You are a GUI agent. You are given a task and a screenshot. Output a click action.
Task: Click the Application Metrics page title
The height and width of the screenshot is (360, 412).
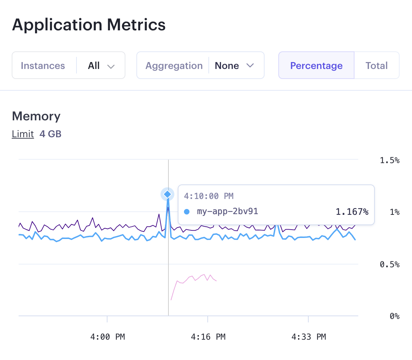pos(89,25)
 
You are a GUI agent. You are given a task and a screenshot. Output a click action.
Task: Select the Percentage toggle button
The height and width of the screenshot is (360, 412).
pos(316,66)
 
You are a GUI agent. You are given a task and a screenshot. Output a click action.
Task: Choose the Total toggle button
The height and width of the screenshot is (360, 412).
pos(377,66)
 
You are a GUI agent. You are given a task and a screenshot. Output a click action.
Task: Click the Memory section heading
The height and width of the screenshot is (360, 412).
pos(36,116)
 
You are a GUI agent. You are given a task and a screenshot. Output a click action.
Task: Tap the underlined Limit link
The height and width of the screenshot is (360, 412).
pos(23,134)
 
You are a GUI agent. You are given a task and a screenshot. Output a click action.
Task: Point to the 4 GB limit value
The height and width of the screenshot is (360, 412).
pos(50,134)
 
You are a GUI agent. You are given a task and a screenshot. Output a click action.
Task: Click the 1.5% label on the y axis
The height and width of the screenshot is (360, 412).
pos(390,160)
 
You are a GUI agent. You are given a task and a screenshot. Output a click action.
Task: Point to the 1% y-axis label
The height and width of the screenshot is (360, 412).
pos(394,212)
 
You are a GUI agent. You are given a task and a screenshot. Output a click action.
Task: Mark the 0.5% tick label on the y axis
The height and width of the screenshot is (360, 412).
pos(390,264)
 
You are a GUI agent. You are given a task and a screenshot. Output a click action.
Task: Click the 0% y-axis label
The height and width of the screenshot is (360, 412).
pos(394,316)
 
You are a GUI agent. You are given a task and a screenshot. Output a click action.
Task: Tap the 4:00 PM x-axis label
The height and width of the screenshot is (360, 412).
pos(107,337)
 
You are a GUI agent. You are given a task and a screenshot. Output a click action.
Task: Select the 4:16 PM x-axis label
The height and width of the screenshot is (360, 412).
pos(208,337)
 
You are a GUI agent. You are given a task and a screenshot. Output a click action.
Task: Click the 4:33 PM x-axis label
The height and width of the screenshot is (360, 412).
pos(309,337)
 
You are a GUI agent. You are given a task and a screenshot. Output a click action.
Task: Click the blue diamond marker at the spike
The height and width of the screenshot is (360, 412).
pos(167,194)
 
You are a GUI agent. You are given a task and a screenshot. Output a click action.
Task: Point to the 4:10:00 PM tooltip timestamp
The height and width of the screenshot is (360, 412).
pos(209,196)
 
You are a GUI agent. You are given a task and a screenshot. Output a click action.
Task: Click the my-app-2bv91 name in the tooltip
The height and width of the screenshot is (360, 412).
pos(227,211)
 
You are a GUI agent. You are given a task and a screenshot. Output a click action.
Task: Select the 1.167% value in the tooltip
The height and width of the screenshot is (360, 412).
pos(352,212)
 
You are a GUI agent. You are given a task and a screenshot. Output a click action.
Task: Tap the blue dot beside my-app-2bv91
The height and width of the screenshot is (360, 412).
pos(187,212)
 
